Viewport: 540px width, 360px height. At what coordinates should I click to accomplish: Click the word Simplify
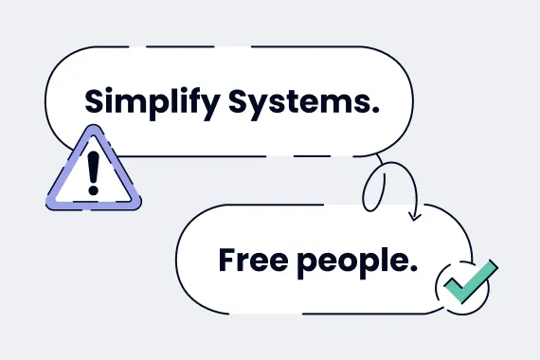[152, 100]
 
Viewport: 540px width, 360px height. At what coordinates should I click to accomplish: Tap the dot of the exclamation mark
[93, 189]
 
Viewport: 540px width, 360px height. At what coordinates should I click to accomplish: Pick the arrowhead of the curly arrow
[414, 216]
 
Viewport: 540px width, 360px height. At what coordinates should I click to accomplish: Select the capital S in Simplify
[94, 100]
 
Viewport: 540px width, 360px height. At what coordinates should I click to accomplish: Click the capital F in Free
[225, 258]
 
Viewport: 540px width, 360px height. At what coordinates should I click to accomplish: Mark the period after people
[414, 267]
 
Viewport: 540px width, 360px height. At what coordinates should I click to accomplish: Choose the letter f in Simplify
[194, 99]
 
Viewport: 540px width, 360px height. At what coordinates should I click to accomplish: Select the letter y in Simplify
[209, 104]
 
